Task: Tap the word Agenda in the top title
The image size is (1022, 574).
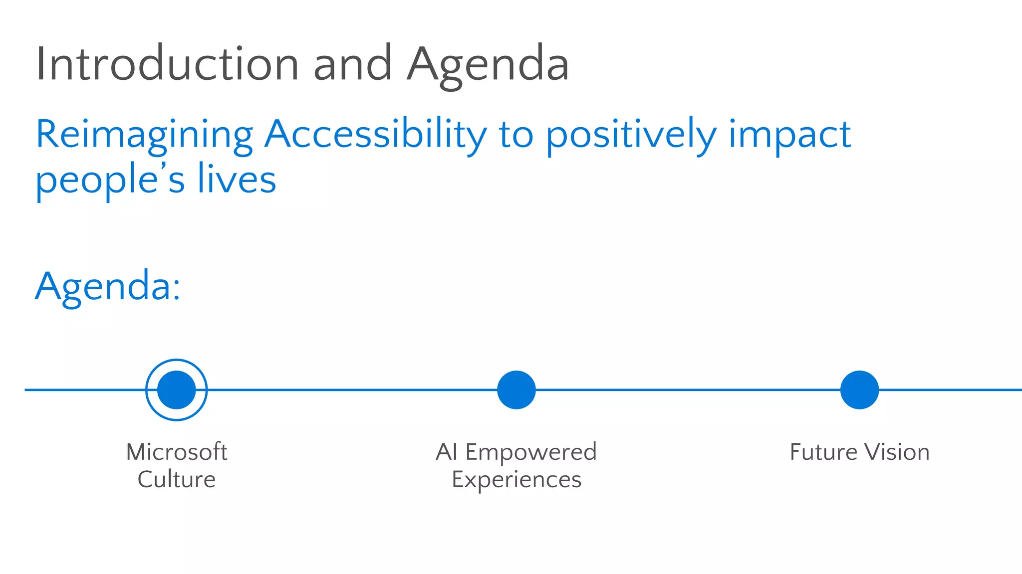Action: pos(488,65)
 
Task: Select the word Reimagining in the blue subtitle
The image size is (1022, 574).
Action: pos(144,135)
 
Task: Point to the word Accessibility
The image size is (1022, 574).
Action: pos(375,135)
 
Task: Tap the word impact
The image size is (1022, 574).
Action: pos(789,135)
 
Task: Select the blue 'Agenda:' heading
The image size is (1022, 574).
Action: pos(108,287)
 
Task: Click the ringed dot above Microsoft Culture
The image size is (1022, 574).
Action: pos(177,389)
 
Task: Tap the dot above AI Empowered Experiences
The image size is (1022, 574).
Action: pos(516,389)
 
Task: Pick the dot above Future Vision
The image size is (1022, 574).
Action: pos(859,389)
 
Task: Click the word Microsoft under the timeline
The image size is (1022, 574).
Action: pos(177,452)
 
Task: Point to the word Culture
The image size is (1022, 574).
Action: pos(177,479)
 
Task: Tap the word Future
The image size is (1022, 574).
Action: pos(823,452)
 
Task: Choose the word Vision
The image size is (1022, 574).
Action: pos(897,452)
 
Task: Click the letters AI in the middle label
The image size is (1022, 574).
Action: pos(446,452)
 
